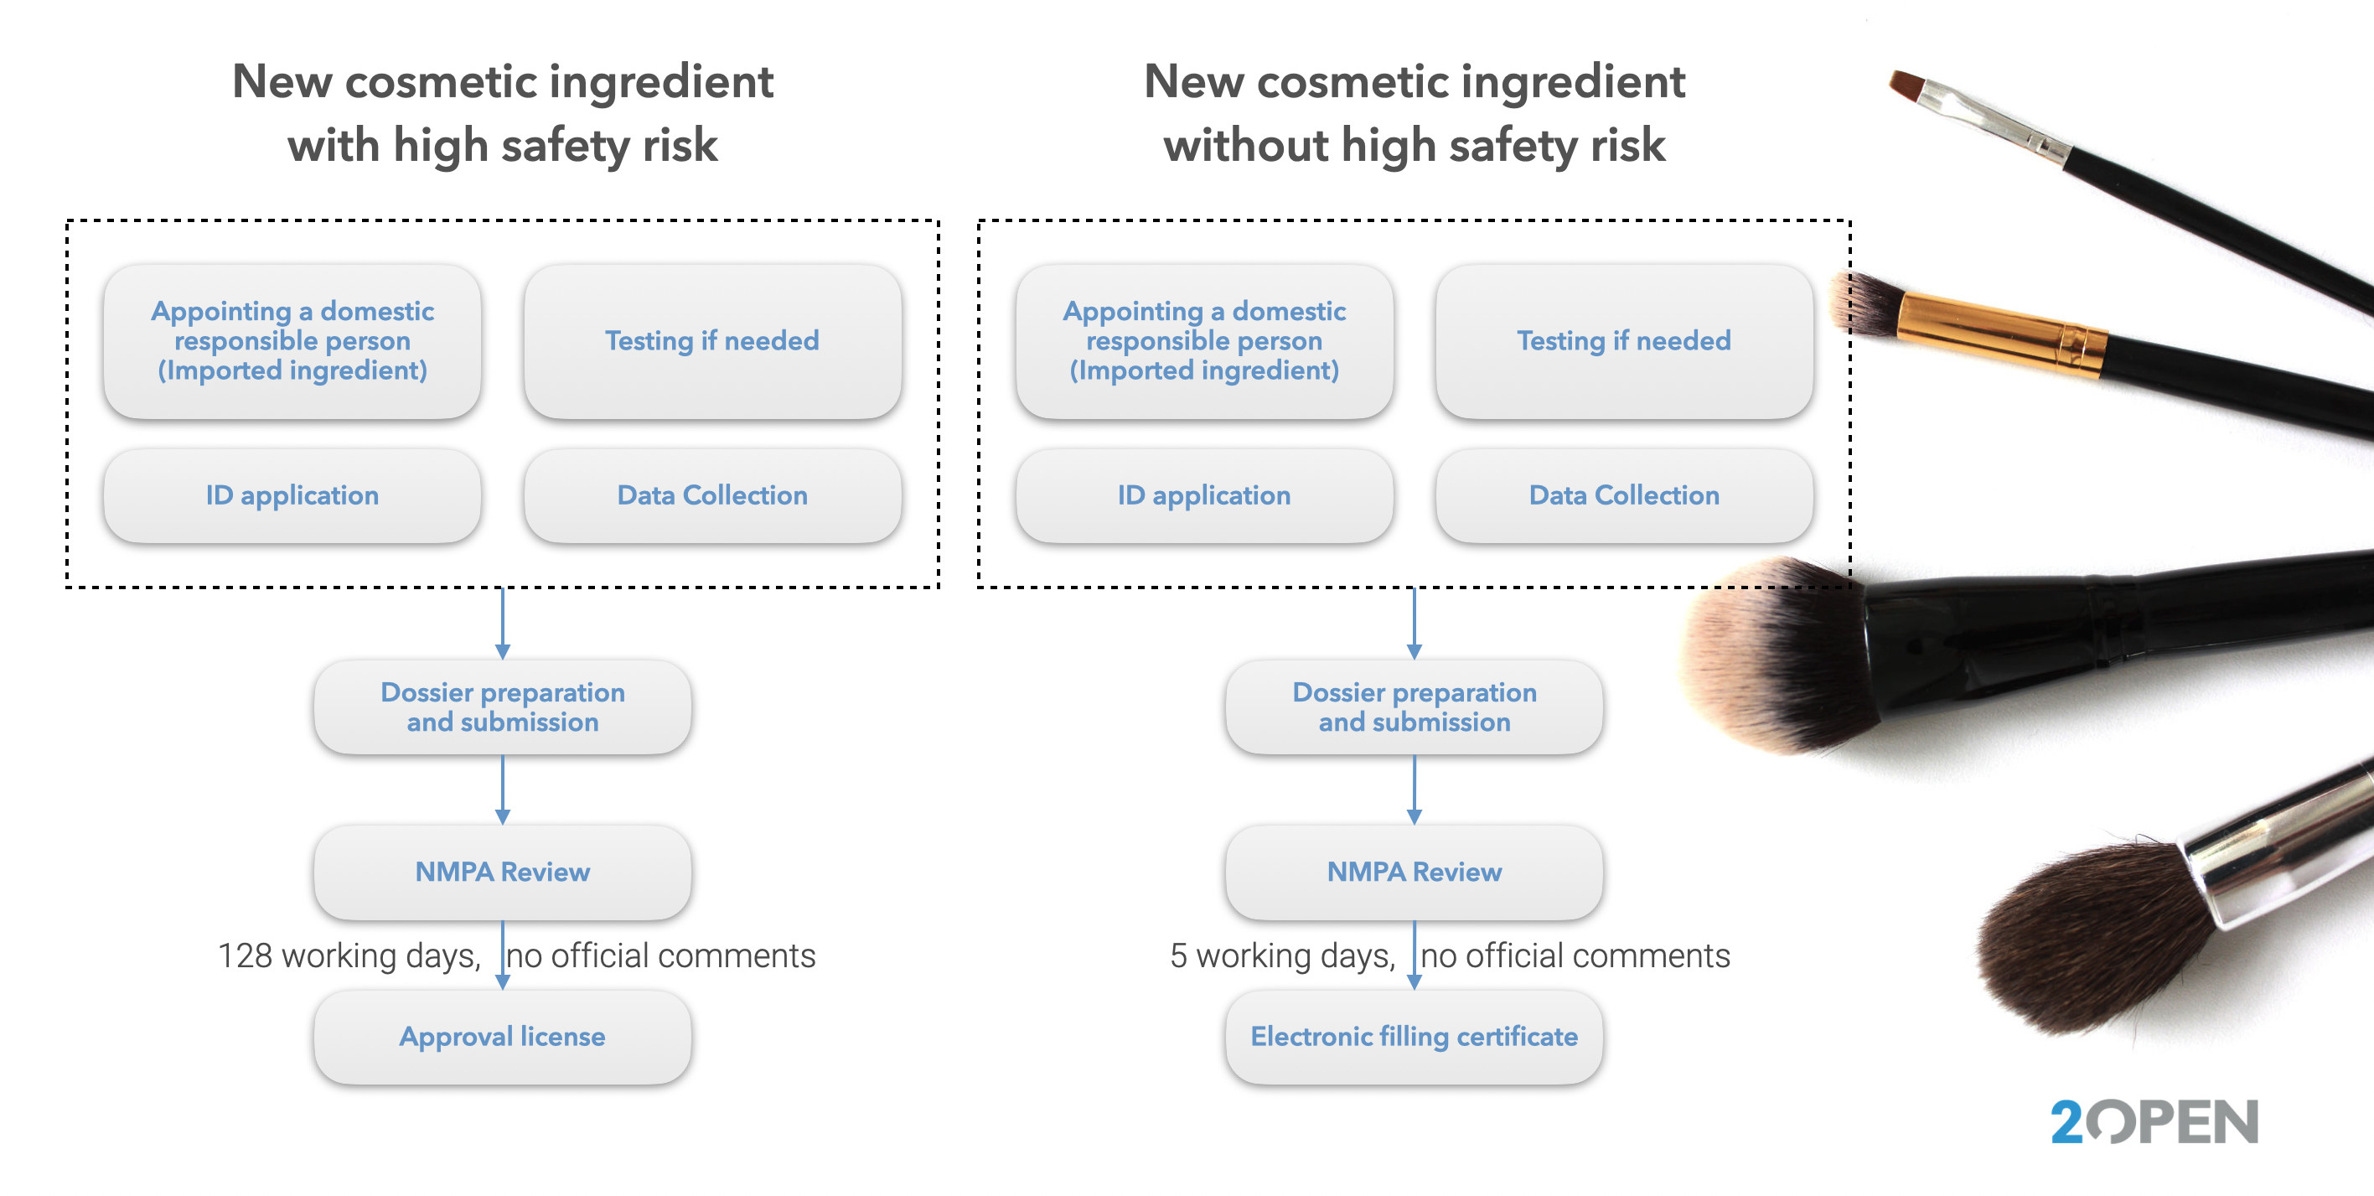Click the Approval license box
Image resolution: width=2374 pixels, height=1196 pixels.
[502, 1037]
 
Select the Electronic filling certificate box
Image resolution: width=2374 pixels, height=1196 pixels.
[1414, 1037]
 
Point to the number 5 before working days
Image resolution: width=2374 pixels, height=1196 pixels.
[1178, 955]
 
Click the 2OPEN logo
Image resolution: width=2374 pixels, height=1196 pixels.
[2154, 1121]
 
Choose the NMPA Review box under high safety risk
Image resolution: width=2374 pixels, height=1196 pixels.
[502, 872]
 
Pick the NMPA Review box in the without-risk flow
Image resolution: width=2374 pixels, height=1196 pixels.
[1414, 872]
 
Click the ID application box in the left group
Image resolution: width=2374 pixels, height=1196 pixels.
[292, 495]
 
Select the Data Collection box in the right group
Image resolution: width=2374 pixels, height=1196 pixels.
[1624, 495]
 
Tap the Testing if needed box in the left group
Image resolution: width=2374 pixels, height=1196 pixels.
[712, 341]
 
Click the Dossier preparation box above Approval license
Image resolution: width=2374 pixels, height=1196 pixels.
[502, 707]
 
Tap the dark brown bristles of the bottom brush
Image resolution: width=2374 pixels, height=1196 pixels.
[2092, 940]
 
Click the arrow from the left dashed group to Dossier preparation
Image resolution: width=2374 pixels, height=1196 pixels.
[502, 624]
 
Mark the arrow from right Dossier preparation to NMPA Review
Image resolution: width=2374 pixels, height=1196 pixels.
[1414, 790]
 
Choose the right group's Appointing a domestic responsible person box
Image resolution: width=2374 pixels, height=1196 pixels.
[1203, 341]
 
